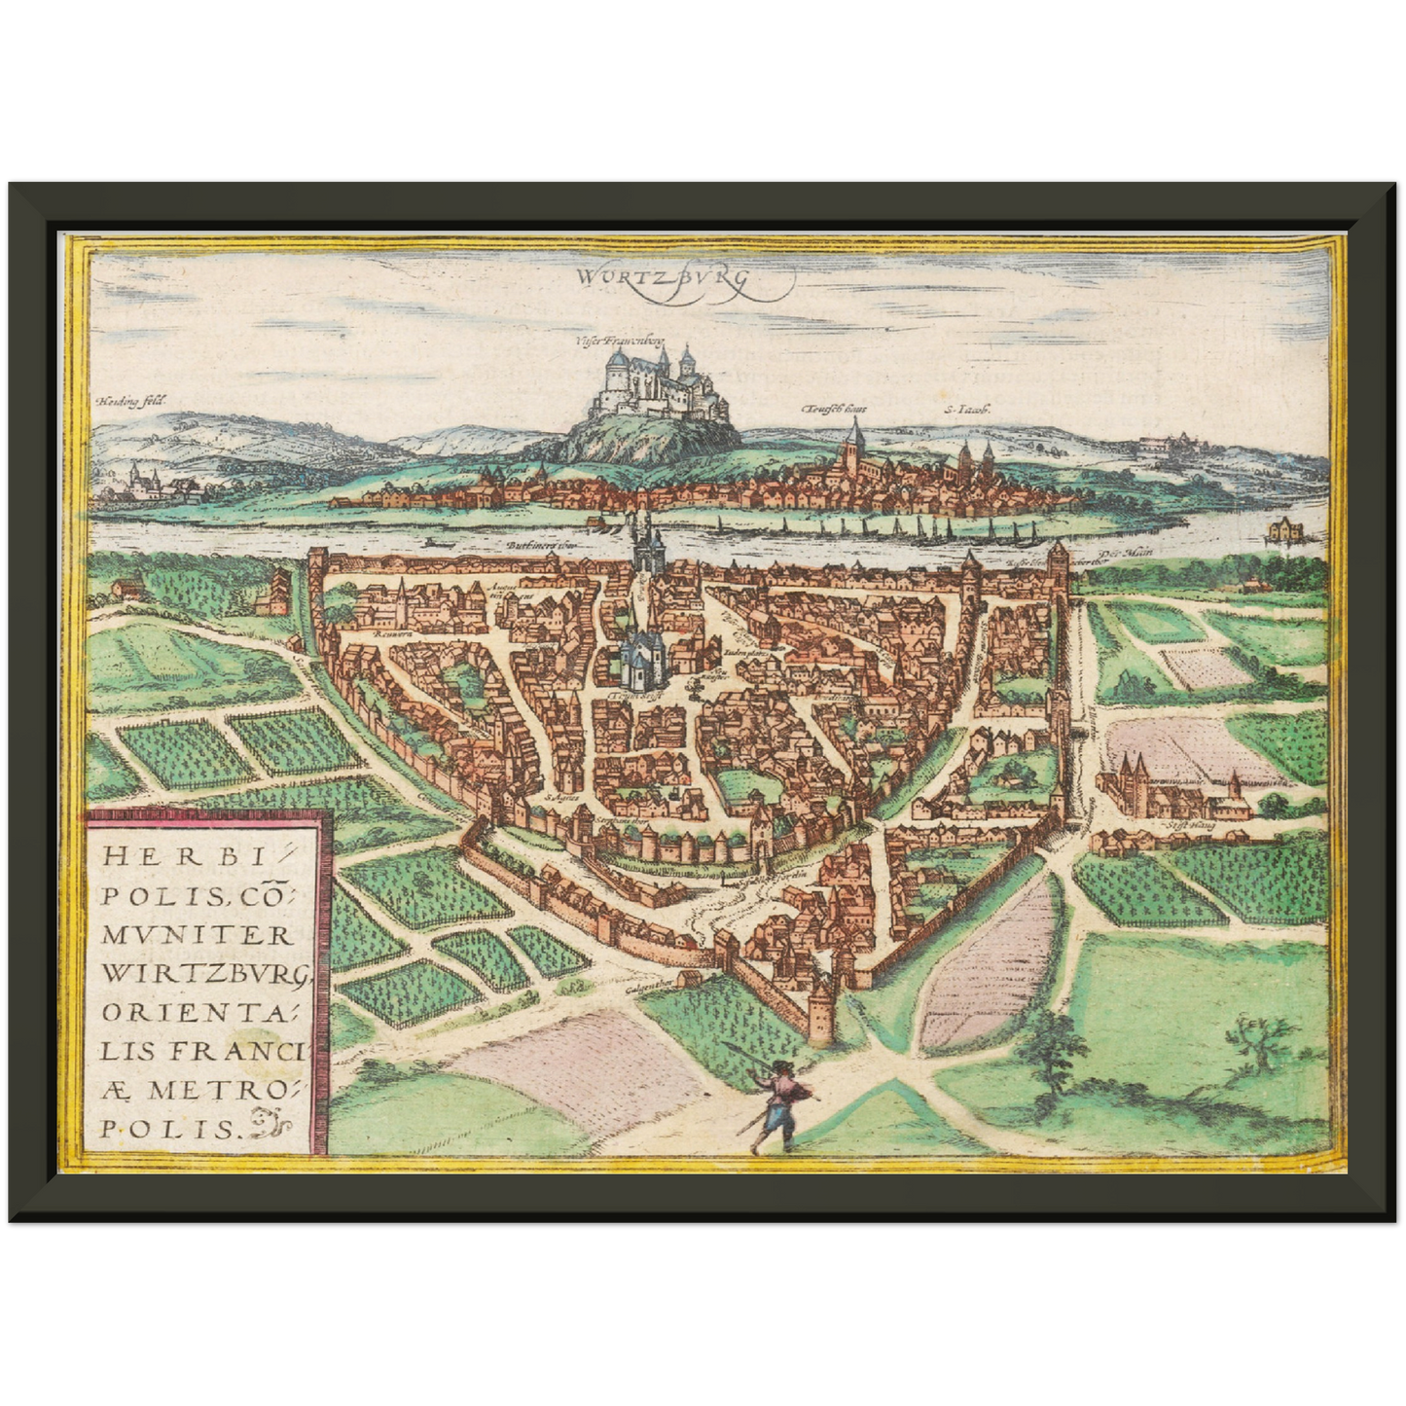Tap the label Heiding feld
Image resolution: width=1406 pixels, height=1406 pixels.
[x=132, y=400]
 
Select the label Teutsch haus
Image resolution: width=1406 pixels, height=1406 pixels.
[x=834, y=410]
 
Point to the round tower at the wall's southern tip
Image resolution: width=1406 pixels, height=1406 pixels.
[x=821, y=1011]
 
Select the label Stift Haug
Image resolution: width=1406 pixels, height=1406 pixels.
[x=1181, y=828]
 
